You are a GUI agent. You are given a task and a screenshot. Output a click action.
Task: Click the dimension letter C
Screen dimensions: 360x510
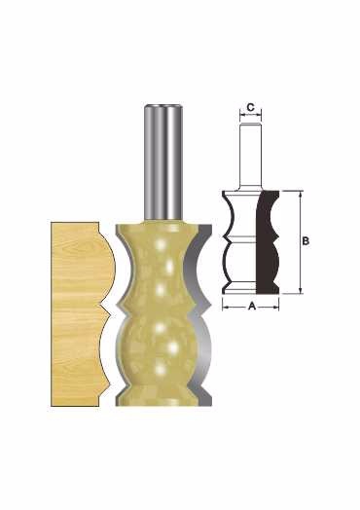[250, 107]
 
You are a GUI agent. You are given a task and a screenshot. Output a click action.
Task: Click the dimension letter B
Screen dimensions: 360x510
[306, 241]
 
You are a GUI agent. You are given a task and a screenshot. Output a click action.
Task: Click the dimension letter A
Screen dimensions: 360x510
[251, 306]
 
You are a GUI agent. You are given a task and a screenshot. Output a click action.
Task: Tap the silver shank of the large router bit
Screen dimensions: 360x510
[162, 163]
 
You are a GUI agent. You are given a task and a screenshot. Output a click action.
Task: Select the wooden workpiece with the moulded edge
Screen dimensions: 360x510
[78, 313]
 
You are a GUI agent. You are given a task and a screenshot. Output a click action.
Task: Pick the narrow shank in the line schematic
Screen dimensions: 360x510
[250, 156]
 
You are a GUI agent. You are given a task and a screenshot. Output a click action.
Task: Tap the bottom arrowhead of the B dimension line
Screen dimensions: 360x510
[301, 290]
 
